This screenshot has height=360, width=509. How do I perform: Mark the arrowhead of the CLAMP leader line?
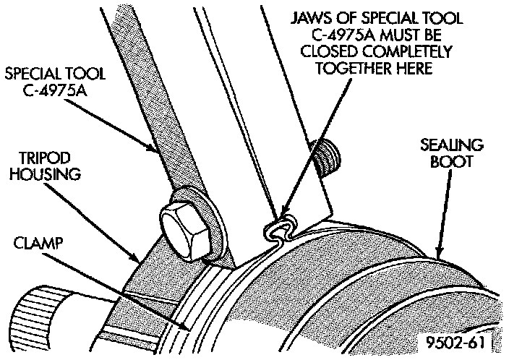(189, 329)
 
